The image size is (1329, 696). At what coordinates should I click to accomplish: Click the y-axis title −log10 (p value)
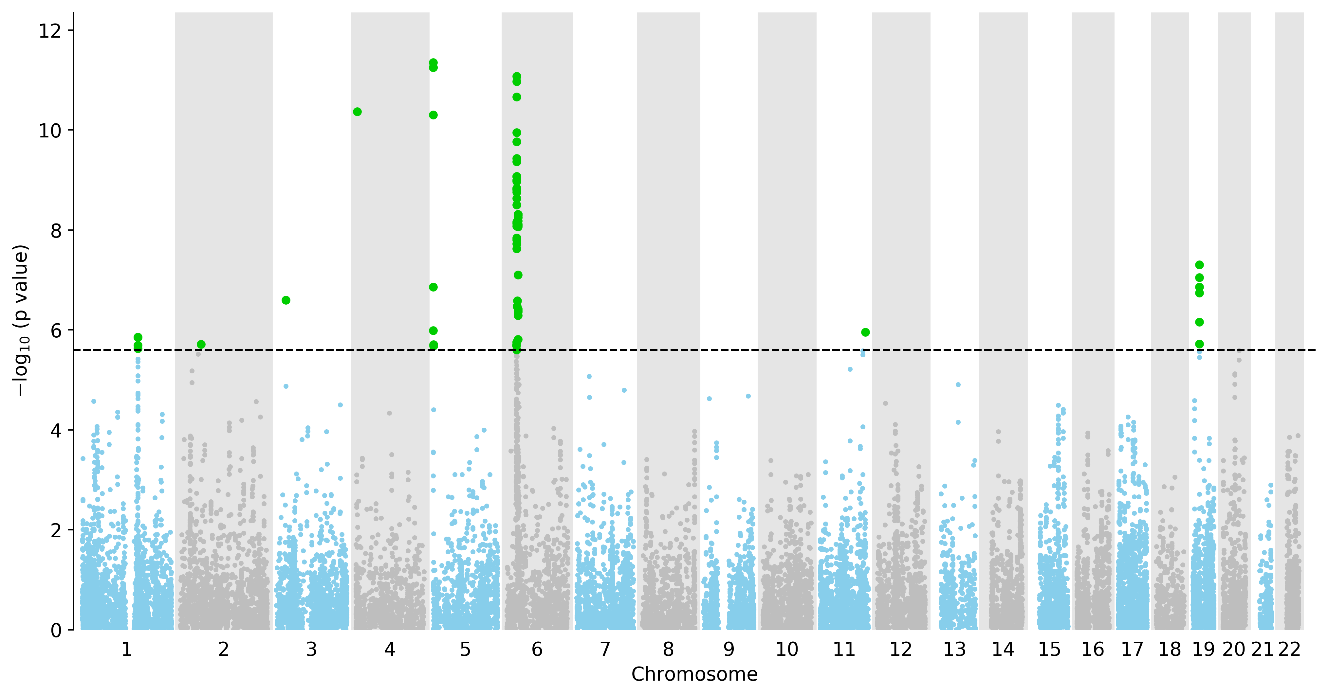pyautogui.click(x=21, y=321)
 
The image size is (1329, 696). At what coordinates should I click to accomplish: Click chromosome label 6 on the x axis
pyautogui.click(x=537, y=649)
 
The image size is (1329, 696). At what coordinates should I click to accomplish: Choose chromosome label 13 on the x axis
pyautogui.click(x=954, y=649)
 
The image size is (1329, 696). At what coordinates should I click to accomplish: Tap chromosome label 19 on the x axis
pyautogui.click(x=1204, y=649)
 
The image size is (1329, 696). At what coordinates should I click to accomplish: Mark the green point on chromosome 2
pyautogui.click(x=201, y=344)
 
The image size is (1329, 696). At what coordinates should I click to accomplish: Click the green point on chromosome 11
pyautogui.click(x=866, y=332)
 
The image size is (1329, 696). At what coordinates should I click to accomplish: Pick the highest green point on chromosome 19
pyautogui.click(x=1199, y=265)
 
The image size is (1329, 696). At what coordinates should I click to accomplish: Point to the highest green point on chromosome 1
pyautogui.click(x=138, y=337)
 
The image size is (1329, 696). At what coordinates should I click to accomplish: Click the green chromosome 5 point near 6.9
pyautogui.click(x=434, y=287)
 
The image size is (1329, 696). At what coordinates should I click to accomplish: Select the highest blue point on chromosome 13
pyautogui.click(x=958, y=384)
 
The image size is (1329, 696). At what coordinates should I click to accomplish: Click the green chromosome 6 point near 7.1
pyautogui.click(x=518, y=275)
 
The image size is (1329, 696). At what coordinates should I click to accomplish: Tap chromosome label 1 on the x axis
pyautogui.click(x=127, y=649)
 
